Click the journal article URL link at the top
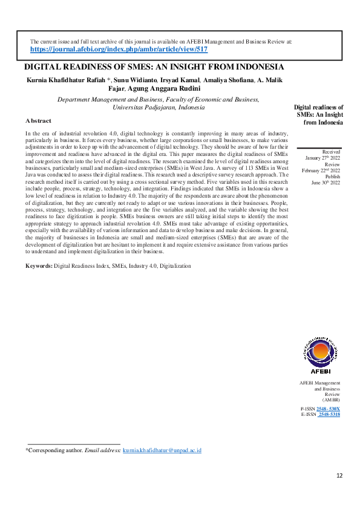[119, 50]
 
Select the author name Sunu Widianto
[136, 80]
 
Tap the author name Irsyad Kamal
[181, 80]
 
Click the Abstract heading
[39, 121]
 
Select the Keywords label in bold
[39, 266]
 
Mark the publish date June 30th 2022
[326, 182]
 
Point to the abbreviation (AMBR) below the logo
[331, 400]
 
